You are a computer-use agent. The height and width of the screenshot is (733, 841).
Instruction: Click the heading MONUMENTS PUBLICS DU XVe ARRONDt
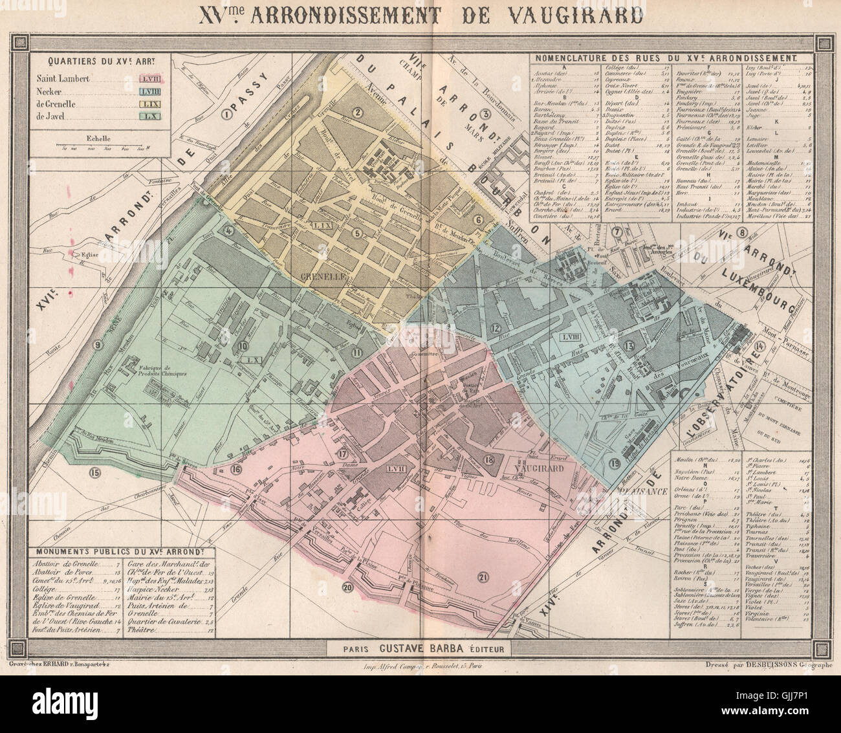click(x=114, y=552)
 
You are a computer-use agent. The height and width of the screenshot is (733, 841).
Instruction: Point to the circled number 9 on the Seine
click(x=98, y=345)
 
